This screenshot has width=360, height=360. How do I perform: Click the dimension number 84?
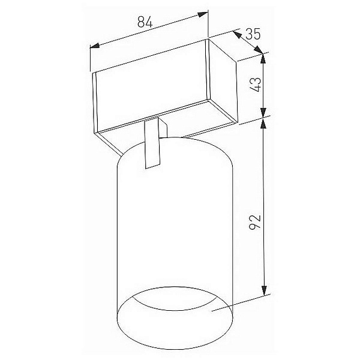pyautogui.click(x=145, y=23)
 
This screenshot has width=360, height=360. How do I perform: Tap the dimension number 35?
pyautogui.click(x=253, y=34)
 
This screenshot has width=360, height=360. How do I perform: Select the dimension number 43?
pyautogui.click(x=256, y=85)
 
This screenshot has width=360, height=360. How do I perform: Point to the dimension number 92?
pyautogui.click(x=256, y=222)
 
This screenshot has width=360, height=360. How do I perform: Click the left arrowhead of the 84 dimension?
pyautogui.click(x=94, y=46)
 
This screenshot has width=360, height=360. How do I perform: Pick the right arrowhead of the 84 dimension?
pyautogui.click(x=203, y=14)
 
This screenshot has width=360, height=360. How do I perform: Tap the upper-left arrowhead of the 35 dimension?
pyautogui.click(x=237, y=34)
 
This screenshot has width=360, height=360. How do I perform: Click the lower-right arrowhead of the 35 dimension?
pyautogui.click(x=259, y=50)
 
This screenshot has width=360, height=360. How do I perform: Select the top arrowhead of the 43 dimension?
pyautogui.click(x=263, y=58)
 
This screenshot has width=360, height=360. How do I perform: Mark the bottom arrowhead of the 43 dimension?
pyautogui.click(x=264, y=113)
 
